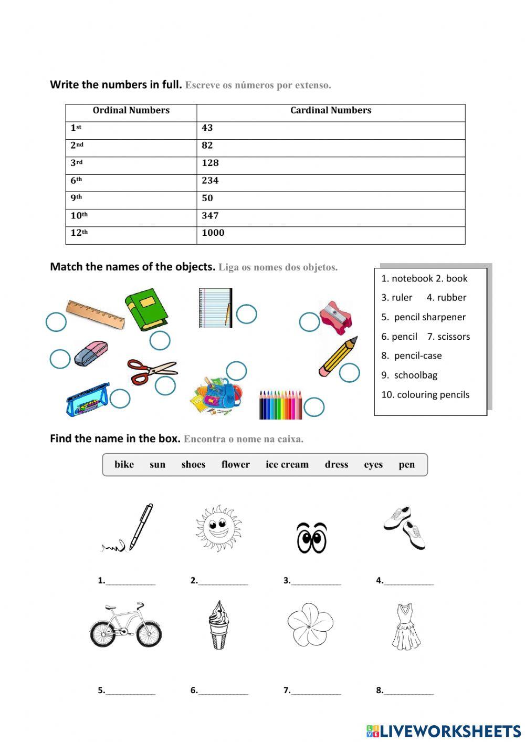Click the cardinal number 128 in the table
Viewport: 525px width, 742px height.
(210, 163)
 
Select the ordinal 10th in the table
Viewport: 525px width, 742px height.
(79, 215)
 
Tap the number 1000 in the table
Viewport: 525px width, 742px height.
(213, 233)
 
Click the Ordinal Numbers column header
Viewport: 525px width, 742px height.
(131, 110)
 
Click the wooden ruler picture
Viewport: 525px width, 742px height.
(95, 313)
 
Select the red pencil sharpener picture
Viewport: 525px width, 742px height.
(335, 318)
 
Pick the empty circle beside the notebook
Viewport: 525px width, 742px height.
(246, 314)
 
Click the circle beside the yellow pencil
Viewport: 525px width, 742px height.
(349, 373)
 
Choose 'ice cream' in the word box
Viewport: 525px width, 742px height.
(287, 465)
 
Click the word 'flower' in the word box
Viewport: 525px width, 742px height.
(235, 465)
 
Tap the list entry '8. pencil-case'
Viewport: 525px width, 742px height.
(412, 356)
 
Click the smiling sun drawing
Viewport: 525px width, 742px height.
(218, 528)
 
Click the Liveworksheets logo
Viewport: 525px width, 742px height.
(443, 731)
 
